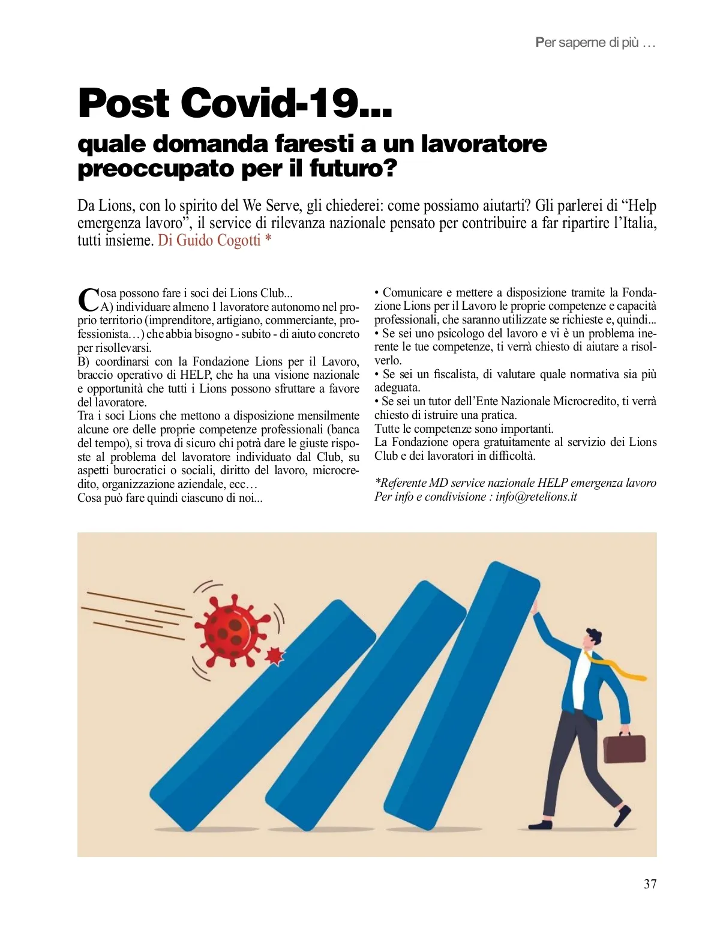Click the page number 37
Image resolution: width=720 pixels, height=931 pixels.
coord(650,884)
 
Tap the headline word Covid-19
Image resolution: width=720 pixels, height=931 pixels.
coord(287,103)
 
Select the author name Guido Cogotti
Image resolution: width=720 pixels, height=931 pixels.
coord(218,241)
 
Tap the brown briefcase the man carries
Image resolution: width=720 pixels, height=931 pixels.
coord(625,747)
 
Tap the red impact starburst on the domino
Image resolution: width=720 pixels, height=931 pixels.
coord(274,656)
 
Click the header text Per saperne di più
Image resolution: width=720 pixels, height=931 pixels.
coord(595,43)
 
